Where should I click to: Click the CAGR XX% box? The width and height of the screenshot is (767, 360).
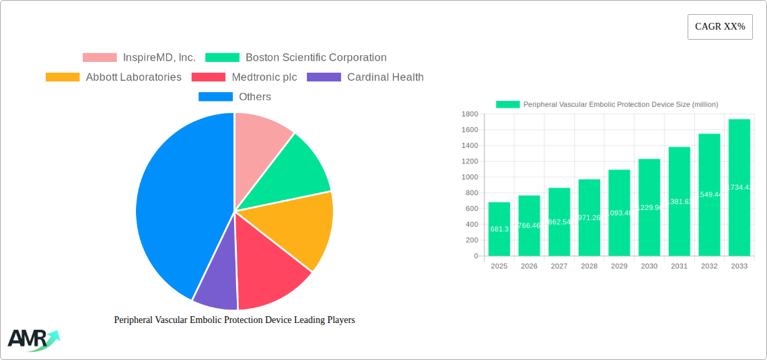tap(719, 27)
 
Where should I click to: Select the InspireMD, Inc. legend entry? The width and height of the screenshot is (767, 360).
tap(139, 58)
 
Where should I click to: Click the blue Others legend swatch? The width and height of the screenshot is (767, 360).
tap(215, 97)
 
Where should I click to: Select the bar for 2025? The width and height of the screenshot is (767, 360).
tap(499, 229)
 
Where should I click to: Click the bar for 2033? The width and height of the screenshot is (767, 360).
tap(739, 188)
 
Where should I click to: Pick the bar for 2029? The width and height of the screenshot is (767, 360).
tap(619, 213)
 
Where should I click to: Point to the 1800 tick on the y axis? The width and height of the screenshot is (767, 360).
tap(469, 114)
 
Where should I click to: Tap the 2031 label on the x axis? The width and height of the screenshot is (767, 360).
tap(679, 266)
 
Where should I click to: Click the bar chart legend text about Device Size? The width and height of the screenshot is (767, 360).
tap(620, 104)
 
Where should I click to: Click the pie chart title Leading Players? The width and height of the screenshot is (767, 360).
tap(234, 320)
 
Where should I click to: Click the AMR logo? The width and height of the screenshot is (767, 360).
tap(33, 340)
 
